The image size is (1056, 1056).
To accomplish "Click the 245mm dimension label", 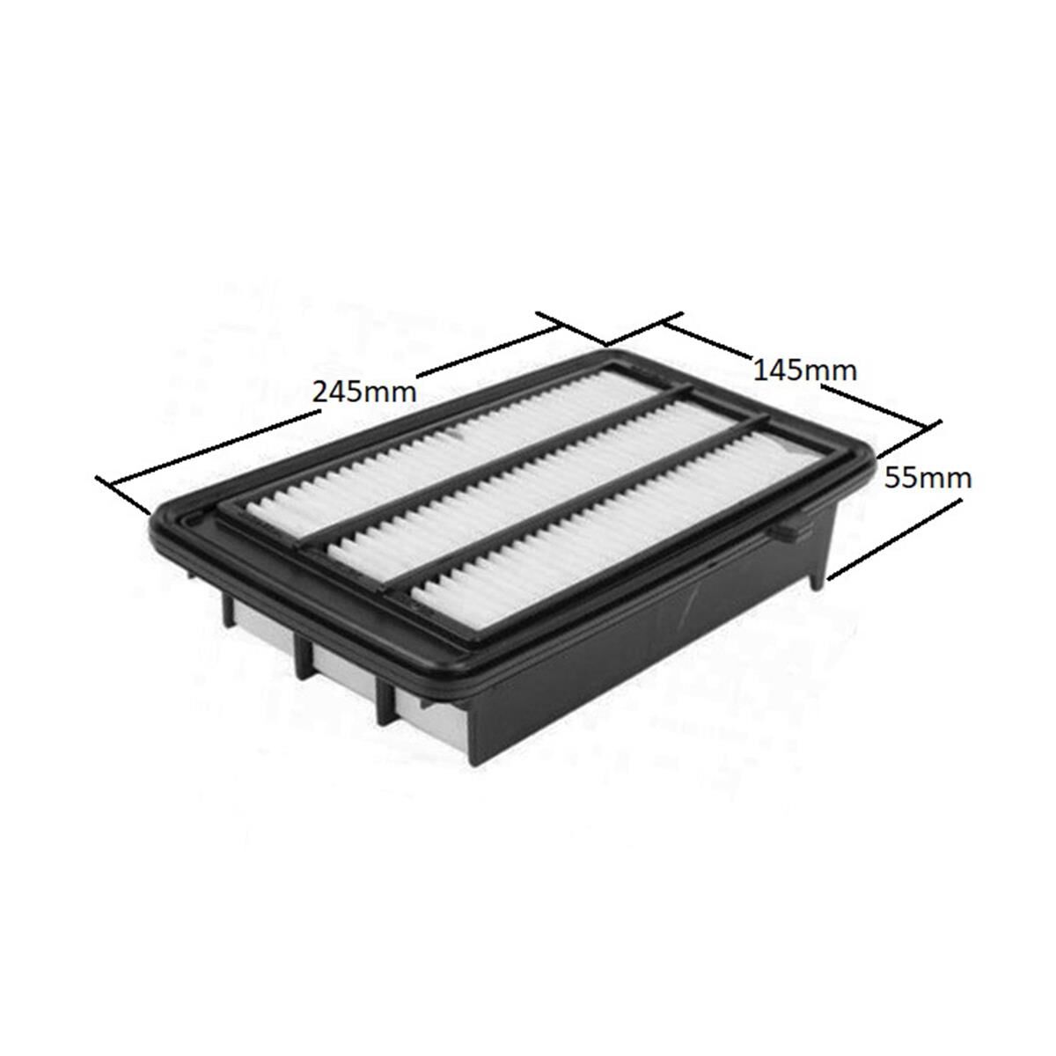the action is [364, 392].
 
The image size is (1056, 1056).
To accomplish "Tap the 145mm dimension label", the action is [805, 370].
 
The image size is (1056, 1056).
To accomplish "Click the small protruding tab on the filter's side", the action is [789, 531].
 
